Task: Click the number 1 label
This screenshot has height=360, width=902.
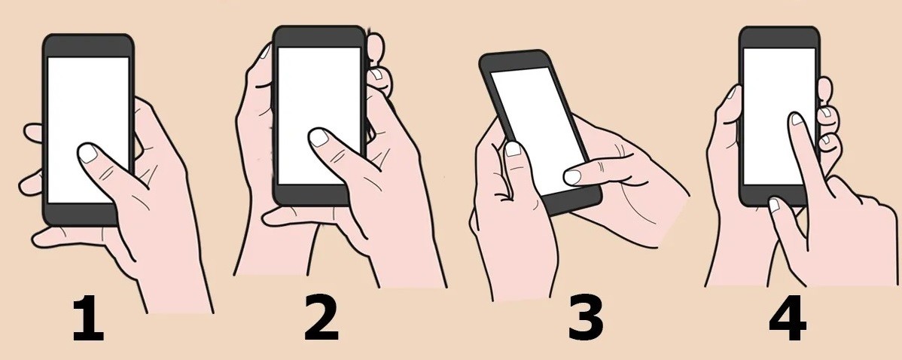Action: [x=89, y=321]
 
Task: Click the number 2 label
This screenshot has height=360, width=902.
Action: [x=321, y=321]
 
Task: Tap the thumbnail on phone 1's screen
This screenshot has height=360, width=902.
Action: [x=88, y=154]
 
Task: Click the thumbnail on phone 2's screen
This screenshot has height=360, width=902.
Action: [x=320, y=138]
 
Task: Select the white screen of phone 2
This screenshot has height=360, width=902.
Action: [x=309, y=90]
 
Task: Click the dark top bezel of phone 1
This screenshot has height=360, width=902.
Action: [x=88, y=45]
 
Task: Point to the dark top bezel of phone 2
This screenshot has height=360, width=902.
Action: [x=318, y=37]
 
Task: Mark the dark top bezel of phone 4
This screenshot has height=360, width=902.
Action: [x=779, y=37]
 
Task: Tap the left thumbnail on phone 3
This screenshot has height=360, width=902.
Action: [x=513, y=149]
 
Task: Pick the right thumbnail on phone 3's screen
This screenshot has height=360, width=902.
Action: [x=573, y=177]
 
